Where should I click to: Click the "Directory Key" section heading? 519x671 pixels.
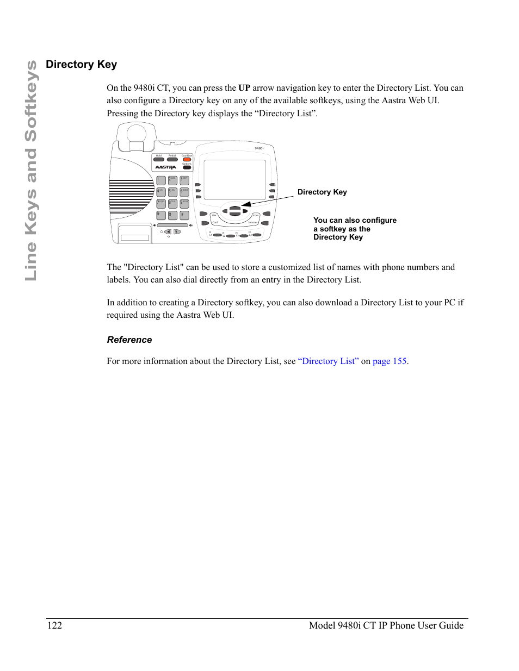(82, 65)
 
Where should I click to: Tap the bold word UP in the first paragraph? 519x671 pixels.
(244, 88)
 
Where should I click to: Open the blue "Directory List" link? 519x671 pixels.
(328, 361)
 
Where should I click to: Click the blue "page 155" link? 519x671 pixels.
(390, 361)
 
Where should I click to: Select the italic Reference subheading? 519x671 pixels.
(129, 340)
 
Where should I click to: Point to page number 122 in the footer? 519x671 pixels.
(55, 625)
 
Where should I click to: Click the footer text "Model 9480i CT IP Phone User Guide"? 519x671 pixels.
(386, 625)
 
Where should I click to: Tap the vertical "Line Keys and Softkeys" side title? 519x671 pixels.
(32, 171)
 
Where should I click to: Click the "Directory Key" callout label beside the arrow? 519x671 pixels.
(322, 192)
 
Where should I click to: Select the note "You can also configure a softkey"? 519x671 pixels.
(354, 229)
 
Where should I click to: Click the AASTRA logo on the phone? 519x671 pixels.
(165, 167)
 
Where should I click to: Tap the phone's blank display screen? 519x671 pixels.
(234, 180)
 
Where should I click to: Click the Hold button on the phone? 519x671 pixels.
(159, 160)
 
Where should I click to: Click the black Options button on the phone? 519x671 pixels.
(187, 167)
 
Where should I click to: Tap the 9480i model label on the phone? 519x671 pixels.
(259, 148)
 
